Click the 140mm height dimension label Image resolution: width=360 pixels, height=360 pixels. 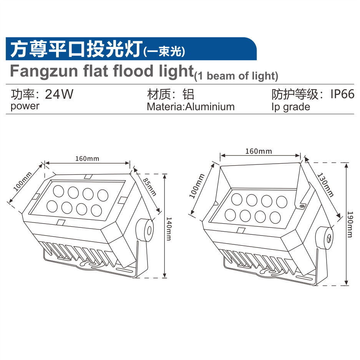pyautogui.click(x=169, y=229)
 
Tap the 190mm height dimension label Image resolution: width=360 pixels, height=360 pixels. pyautogui.click(x=350, y=224)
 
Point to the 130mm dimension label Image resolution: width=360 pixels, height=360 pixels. pyautogui.click(x=325, y=185)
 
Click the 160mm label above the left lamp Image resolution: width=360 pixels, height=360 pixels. pyautogui.click(x=87, y=159)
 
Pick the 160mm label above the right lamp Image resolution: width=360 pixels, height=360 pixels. pyautogui.click(x=259, y=151)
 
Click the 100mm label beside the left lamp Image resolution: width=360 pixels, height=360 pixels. pyautogui.click(x=23, y=182)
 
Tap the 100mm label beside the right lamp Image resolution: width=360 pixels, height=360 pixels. pyautogui.click(x=197, y=186)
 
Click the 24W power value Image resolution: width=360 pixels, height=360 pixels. pyautogui.click(x=59, y=94)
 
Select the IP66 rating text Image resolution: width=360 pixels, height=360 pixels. pyautogui.click(x=342, y=94)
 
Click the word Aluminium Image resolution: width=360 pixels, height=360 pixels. pyautogui.click(x=210, y=107)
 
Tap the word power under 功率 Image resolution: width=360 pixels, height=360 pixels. pyautogui.click(x=25, y=106)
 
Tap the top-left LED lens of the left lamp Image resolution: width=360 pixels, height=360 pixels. pyautogui.click(x=58, y=191)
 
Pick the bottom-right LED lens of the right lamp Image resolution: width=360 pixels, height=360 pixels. pyautogui.click(x=275, y=217)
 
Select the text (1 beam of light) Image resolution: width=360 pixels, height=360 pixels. pyautogui.click(x=236, y=76)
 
